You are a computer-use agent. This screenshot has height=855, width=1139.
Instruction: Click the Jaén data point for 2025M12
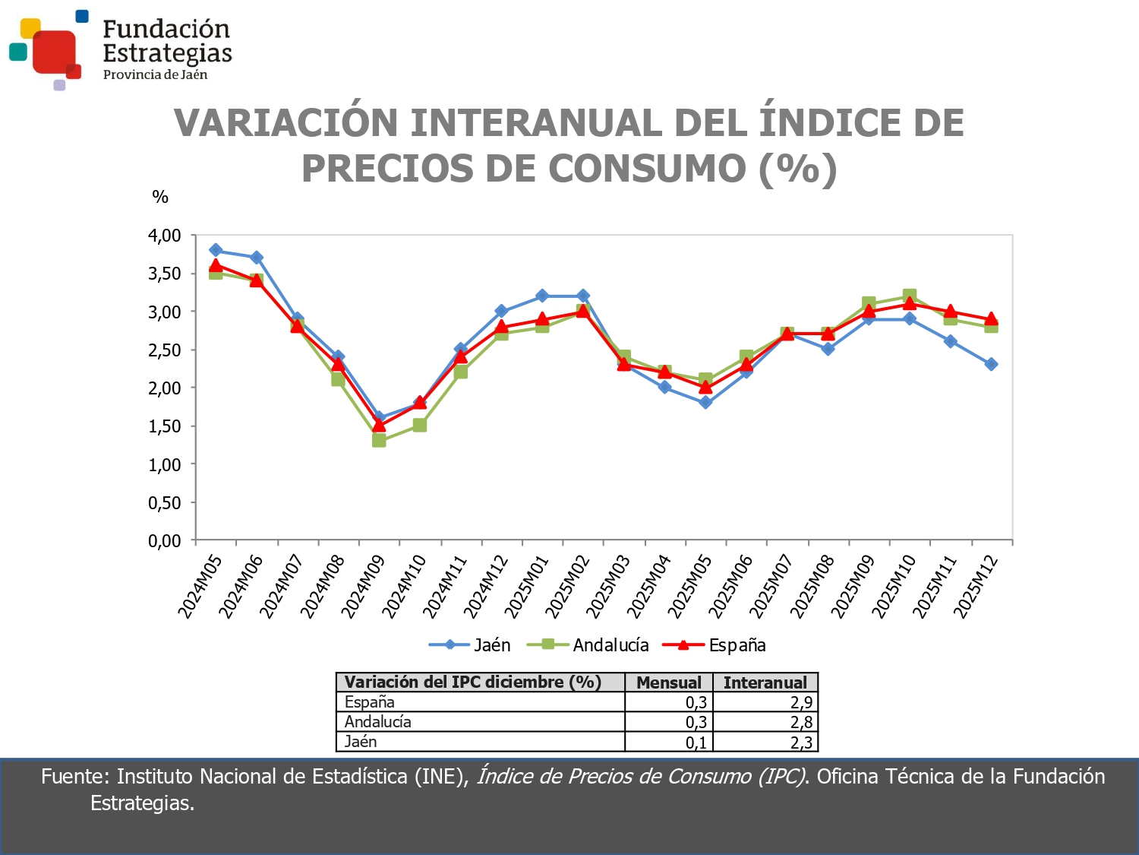(991, 364)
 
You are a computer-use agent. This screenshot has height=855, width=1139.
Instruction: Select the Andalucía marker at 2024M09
(379, 440)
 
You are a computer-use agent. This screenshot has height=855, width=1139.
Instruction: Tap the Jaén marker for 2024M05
(216, 250)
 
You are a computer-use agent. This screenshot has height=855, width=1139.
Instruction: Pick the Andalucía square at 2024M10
(420, 425)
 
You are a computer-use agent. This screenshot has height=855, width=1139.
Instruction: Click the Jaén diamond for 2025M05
(705, 402)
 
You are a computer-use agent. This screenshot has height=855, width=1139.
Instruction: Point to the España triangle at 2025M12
(991, 318)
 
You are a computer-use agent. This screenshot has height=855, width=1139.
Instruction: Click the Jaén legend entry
(470, 645)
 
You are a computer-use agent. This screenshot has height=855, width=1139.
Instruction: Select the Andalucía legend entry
(588, 645)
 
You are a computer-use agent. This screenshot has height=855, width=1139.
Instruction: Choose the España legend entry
(715, 645)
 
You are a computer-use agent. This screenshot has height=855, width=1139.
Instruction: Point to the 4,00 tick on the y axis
(165, 236)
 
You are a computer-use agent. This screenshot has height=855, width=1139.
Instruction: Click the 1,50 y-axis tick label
(165, 426)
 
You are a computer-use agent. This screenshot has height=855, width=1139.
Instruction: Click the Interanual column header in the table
(765, 682)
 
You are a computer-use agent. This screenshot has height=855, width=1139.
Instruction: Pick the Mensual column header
(668, 682)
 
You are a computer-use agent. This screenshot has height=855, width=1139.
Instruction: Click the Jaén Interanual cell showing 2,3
(801, 743)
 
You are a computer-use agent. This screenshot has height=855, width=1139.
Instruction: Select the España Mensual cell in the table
(696, 703)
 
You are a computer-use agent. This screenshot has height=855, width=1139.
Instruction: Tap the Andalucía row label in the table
(378, 722)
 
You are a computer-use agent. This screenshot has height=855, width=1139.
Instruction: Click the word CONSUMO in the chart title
(647, 169)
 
